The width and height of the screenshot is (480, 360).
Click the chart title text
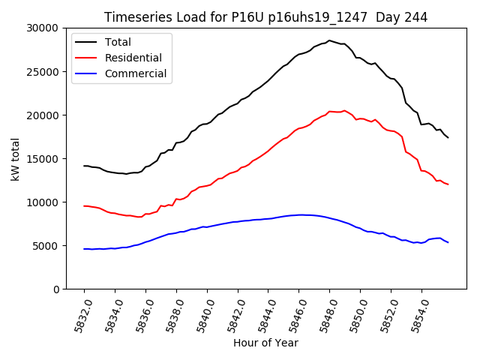point(265,16)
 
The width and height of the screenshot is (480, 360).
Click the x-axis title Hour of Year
point(265,343)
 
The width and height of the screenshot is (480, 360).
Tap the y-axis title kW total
point(15,158)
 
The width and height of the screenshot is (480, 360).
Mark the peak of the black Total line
point(328,40)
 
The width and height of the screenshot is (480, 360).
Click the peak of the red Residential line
point(344,110)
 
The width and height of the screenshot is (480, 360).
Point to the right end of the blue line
point(448,242)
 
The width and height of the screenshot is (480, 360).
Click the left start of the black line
point(84,166)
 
